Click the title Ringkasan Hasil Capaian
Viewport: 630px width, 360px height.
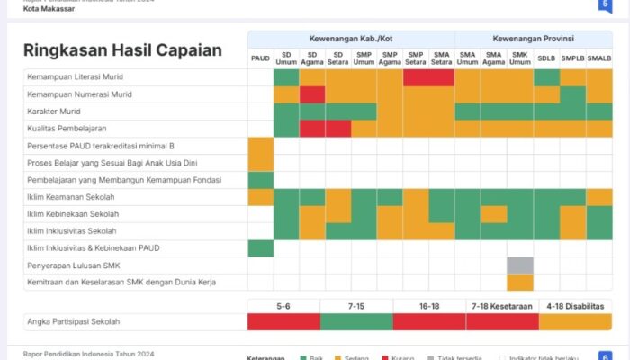[x=122, y=50]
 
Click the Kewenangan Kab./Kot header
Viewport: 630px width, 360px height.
[x=350, y=39]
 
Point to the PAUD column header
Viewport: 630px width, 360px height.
[x=260, y=58]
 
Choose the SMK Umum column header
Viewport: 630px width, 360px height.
[x=519, y=58]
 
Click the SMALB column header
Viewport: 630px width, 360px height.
[x=598, y=58]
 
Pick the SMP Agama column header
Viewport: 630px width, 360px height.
[x=390, y=58]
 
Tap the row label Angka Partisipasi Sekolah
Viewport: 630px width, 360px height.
[x=73, y=321]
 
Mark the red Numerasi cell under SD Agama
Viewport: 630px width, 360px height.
[x=312, y=94]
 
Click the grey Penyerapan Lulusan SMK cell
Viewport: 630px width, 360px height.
[x=519, y=265]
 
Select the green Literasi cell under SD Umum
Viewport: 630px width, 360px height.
[x=286, y=77]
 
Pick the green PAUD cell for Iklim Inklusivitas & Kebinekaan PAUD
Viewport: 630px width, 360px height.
[x=260, y=248]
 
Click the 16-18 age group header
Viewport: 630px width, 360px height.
[x=428, y=305]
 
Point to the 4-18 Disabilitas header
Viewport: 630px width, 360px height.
[x=575, y=305]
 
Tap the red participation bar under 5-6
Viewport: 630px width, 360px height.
[x=283, y=321]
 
